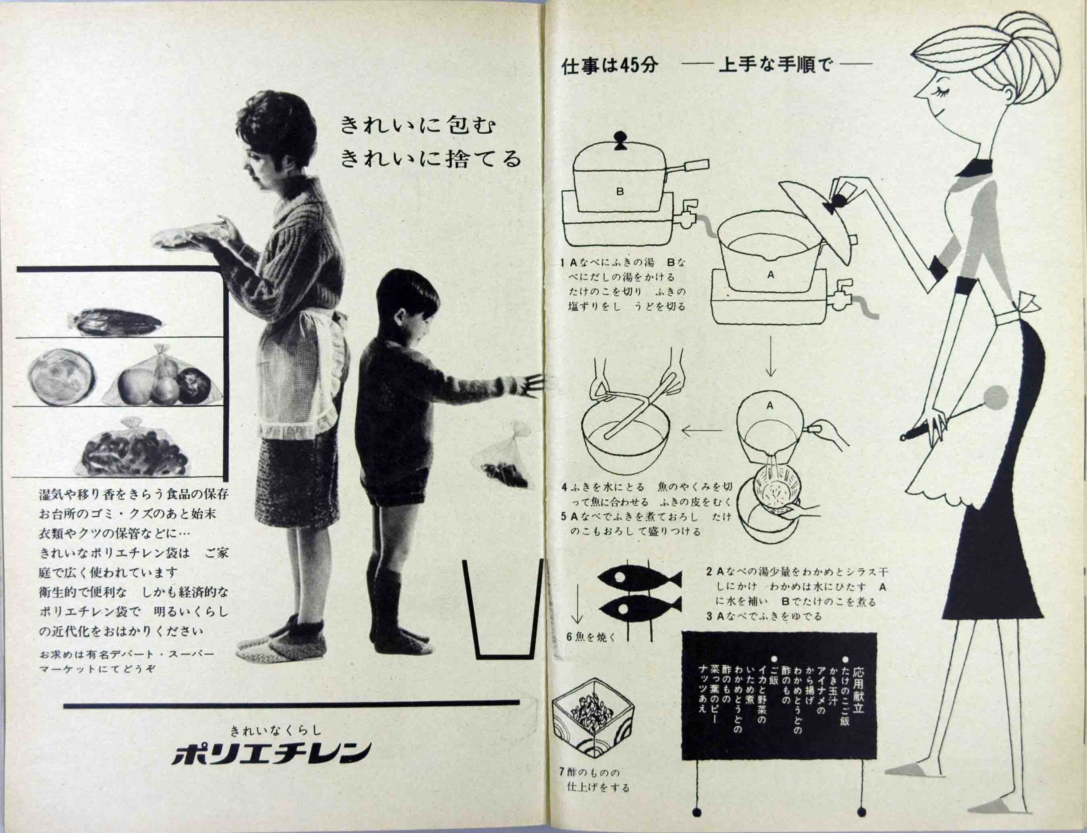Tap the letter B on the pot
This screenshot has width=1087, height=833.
[x=619, y=191]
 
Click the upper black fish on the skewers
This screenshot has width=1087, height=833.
[x=640, y=579]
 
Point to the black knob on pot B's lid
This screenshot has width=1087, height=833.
[x=619, y=139]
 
